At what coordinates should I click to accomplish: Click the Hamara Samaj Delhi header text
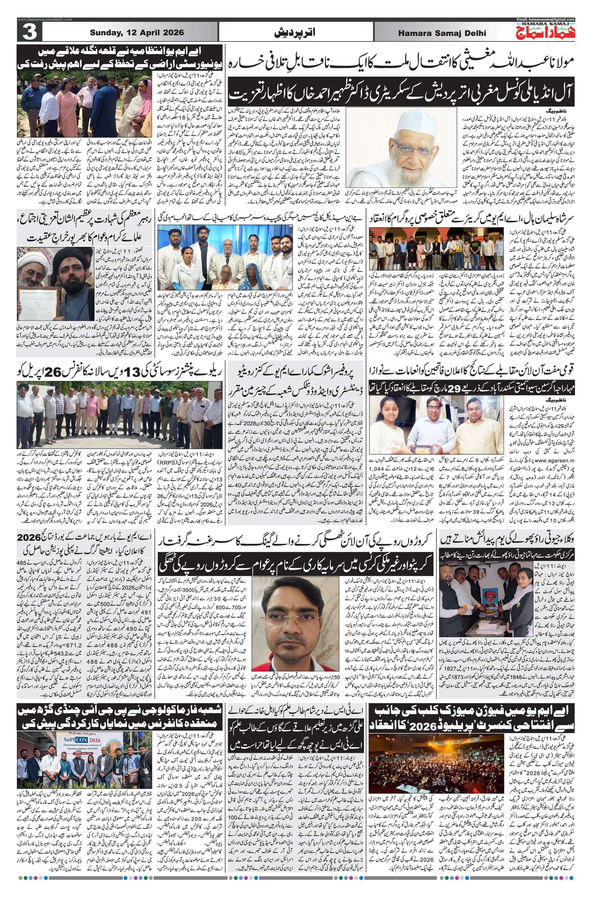coord(442,33)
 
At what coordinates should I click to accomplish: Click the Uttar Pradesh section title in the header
coord(296,33)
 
